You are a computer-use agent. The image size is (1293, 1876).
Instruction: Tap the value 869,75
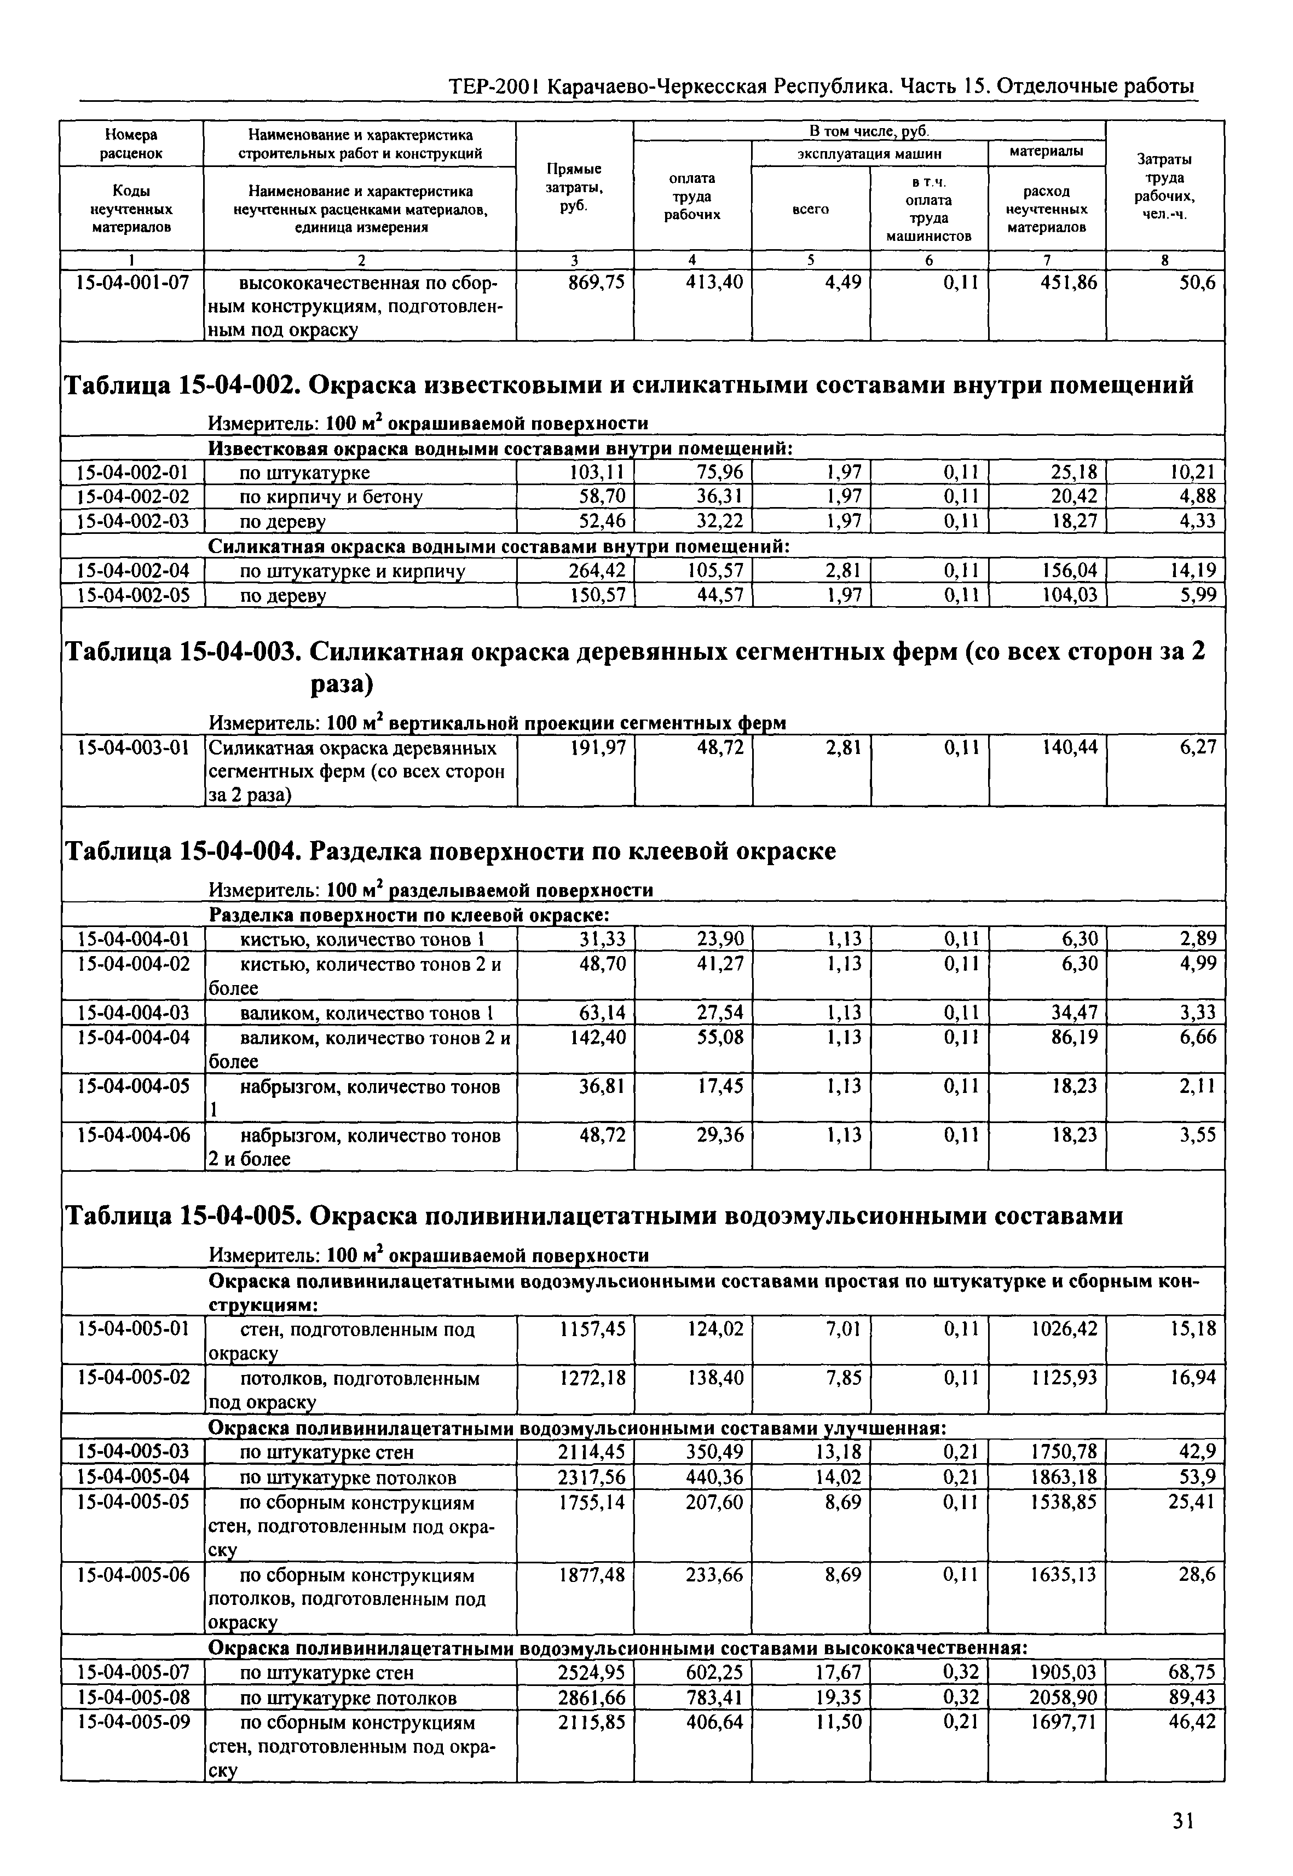[596, 283]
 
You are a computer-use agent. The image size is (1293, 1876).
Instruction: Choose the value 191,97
[596, 747]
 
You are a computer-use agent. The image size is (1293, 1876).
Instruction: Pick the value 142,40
[596, 1037]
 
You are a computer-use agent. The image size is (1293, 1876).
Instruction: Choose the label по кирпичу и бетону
[331, 497]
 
